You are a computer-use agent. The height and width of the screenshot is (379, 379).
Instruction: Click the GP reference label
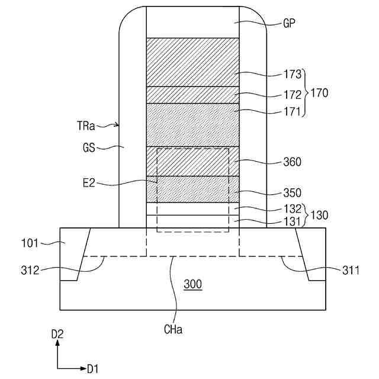pyautogui.click(x=290, y=24)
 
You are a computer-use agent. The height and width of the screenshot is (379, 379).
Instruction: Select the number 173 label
pyautogui.click(x=293, y=76)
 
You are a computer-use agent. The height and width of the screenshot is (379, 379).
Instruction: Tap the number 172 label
pyautogui.click(x=293, y=94)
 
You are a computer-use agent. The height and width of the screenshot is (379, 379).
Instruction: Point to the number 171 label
pyautogui.click(x=293, y=111)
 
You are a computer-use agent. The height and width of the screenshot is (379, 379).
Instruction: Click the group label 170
pyautogui.click(x=319, y=93)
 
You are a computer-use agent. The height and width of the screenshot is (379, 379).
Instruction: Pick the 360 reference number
pyautogui.click(x=293, y=162)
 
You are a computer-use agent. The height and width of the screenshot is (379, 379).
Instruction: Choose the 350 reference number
pyautogui.click(x=293, y=192)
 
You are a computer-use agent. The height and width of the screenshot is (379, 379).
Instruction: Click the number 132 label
pyautogui.click(x=293, y=208)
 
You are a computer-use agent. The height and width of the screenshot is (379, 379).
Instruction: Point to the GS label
pyautogui.click(x=91, y=147)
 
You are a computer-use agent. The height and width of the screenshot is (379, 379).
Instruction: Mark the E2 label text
pyautogui.click(x=89, y=184)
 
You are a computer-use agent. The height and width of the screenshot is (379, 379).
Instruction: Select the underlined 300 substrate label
pyautogui.click(x=192, y=284)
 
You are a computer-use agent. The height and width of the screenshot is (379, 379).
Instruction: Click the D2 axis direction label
pyautogui.click(x=57, y=335)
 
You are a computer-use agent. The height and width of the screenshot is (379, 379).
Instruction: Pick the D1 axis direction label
pyautogui.click(x=93, y=369)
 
